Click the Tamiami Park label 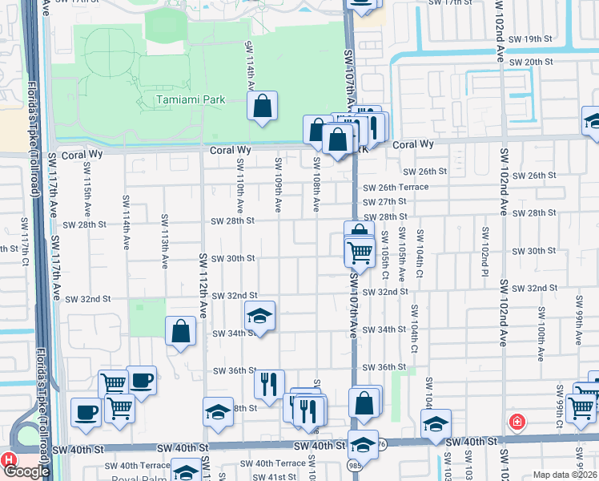click(x=191, y=99)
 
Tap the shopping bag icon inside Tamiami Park click(x=263, y=106)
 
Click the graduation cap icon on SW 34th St click(x=259, y=317)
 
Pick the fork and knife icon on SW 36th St click(x=269, y=384)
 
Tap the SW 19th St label click(x=531, y=38)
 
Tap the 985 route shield click(x=354, y=464)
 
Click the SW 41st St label click(x=273, y=476)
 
